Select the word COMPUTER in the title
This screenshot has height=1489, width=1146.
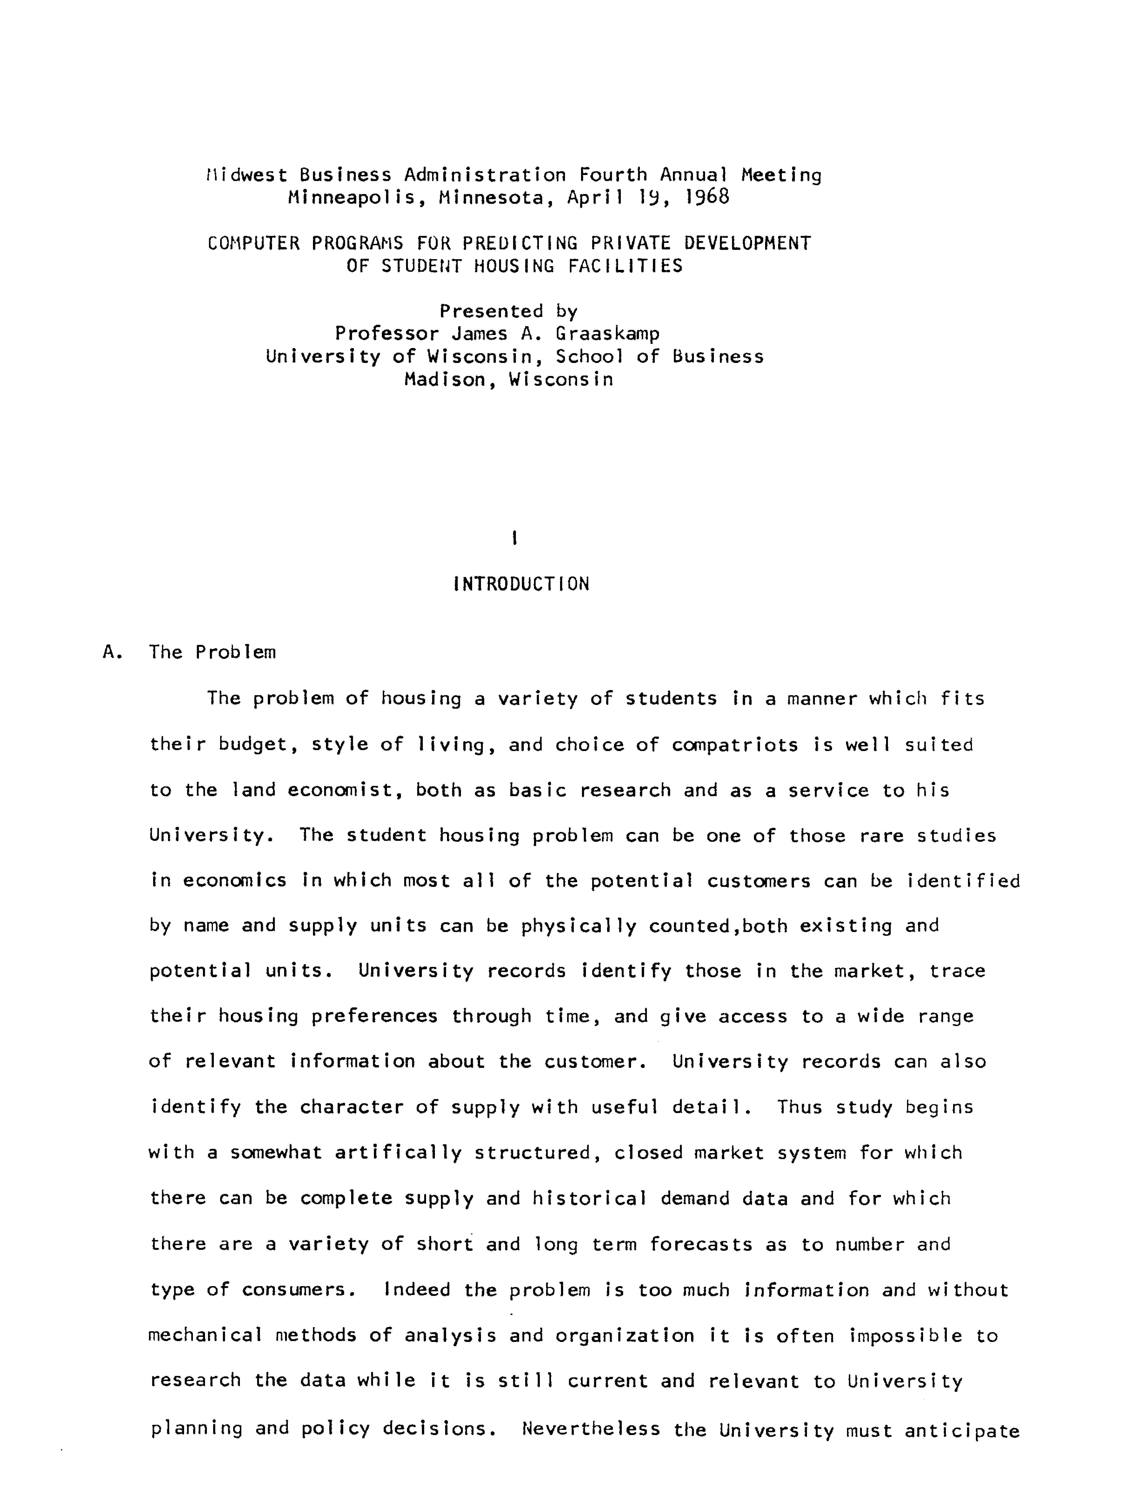253,243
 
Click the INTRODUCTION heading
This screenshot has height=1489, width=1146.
521,584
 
